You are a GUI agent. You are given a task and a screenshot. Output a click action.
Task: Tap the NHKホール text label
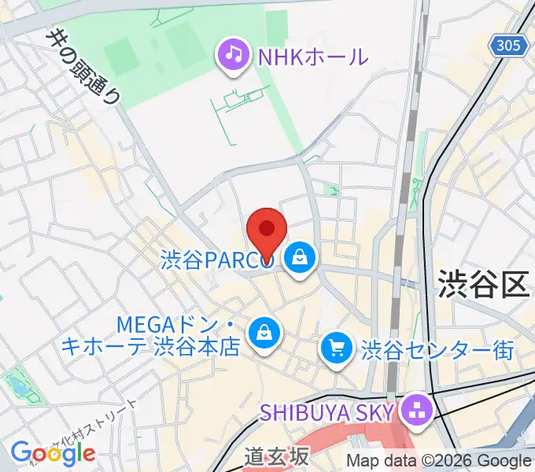pos(313,56)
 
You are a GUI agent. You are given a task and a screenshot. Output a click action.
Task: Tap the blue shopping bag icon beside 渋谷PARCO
pos(300,256)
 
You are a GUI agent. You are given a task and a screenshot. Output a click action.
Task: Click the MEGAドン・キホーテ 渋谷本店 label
pos(177,335)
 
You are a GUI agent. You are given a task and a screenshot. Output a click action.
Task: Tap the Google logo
pos(53,452)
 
